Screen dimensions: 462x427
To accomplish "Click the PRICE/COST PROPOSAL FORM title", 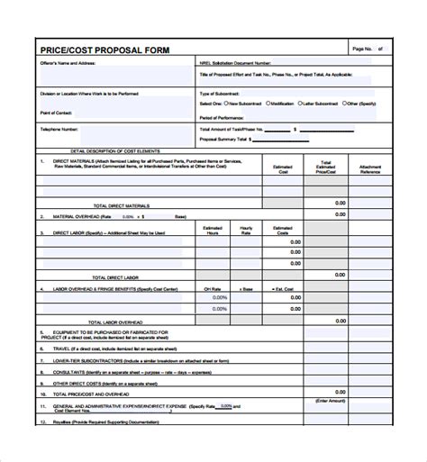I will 105,50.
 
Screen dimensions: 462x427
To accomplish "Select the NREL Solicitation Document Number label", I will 233,64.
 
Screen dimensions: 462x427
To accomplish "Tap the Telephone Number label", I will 60,130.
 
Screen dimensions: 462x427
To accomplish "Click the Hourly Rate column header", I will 245,231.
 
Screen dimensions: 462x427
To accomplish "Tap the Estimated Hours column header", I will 212,231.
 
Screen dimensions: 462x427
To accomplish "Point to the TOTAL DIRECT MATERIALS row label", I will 125,206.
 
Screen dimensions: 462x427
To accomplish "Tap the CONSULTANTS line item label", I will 61,370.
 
